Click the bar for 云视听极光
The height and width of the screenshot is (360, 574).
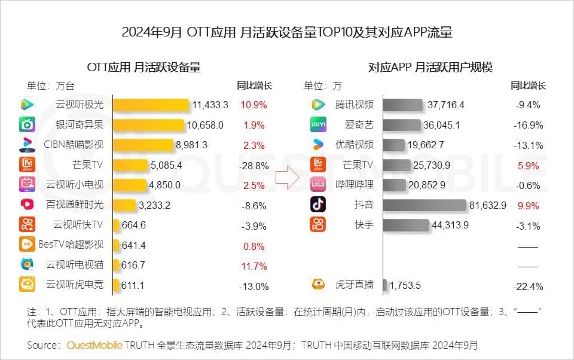click(151, 105)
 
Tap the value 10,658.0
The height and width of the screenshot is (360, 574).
click(205, 125)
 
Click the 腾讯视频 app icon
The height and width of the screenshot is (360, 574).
click(318, 105)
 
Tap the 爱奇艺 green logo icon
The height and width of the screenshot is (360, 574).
click(318, 125)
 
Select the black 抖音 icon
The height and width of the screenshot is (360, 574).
click(318, 205)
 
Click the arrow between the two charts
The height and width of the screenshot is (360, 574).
click(286, 178)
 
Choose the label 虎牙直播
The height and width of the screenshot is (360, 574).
click(355, 285)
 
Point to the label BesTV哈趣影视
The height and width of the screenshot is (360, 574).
click(71, 245)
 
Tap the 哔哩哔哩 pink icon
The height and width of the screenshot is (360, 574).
click(318, 185)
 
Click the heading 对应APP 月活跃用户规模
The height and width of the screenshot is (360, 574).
click(430, 67)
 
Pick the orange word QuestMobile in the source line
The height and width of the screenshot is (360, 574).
click(94, 345)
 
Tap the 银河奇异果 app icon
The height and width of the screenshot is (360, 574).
click(27, 125)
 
